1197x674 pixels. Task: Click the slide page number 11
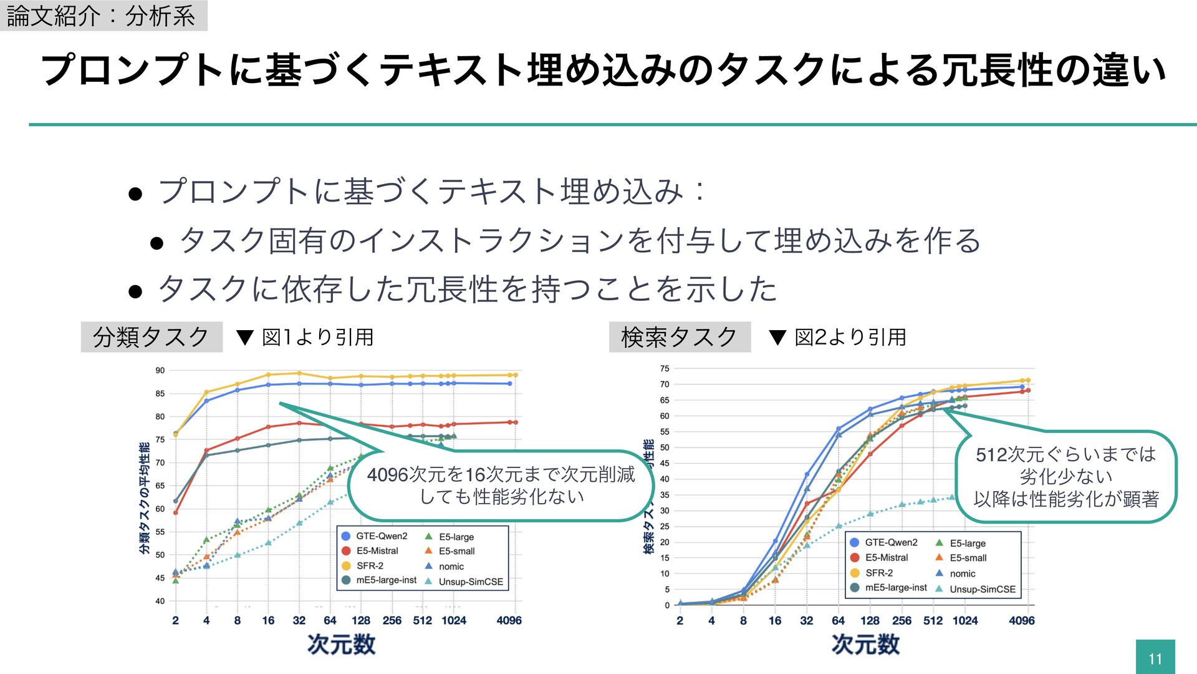click(1155, 658)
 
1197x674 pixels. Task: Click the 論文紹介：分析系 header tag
click(103, 16)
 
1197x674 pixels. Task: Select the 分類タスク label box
click(151, 337)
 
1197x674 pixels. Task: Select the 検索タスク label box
click(680, 337)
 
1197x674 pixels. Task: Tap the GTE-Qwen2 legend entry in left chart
click(381, 536)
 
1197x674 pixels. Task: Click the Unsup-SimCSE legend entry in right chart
click(982, 589)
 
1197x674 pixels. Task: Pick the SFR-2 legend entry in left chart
click(369, 565)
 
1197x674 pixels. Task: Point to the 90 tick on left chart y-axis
click(160, 371)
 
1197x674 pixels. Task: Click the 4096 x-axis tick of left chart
click(509, 620)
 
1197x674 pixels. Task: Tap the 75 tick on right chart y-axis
click(665, 369)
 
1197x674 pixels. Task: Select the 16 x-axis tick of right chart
click(775, 621)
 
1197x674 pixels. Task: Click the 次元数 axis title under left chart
click(341, 645)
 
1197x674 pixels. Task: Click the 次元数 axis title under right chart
click(865, 645)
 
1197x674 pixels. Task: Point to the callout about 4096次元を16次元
click(501, 486)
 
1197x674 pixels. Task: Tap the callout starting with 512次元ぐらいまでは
click(1066, 477)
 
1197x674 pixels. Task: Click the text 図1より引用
click(317, 338)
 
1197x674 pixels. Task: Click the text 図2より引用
click(850, 338)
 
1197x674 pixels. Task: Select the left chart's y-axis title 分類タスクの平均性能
click(145, 498)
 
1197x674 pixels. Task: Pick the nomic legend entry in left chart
click(451, 567)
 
